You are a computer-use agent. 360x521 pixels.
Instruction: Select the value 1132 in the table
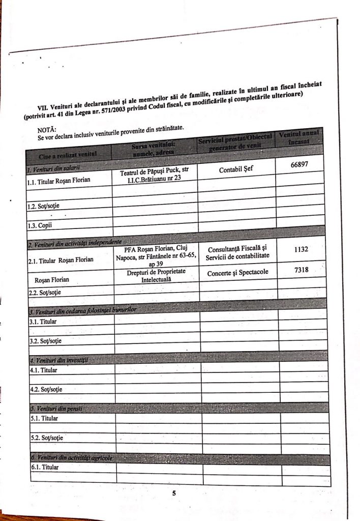(302, 249)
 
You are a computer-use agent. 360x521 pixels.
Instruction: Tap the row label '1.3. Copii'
(40, 224)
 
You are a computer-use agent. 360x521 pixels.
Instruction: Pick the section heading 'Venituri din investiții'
(58, 360)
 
